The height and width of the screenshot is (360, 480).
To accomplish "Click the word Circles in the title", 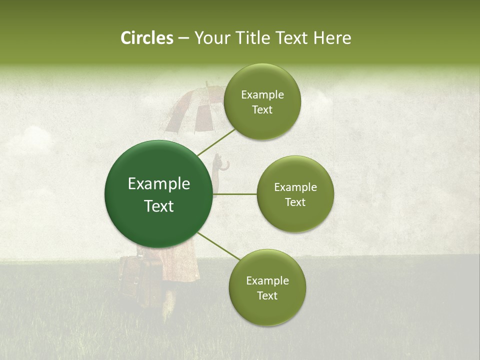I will coord(146,38).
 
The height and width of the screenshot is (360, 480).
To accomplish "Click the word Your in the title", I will coord(212,38).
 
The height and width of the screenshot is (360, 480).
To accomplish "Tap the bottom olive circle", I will coord(267,310).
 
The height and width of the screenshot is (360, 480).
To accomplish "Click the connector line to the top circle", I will coord(216,142).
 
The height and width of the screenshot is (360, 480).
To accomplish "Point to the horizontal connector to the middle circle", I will coord(234,194).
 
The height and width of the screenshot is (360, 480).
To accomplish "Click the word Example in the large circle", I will coord(159,184).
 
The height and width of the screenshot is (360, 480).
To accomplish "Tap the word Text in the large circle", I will coord(159,206).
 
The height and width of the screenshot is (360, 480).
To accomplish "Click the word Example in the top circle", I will coord(262,95).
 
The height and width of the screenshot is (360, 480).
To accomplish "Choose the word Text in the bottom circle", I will coord(267,295).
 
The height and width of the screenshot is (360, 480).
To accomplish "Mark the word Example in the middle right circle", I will coord(295,187).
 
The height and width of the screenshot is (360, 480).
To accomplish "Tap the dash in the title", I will coord(183,38).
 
